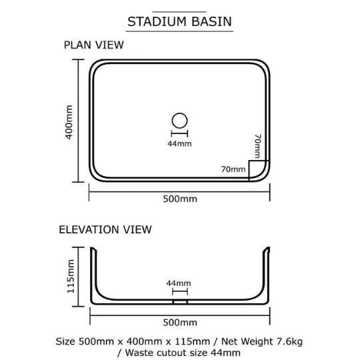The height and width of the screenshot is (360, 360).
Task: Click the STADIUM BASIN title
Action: coord(179,21)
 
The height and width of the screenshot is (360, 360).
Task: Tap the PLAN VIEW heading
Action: coord(94,45)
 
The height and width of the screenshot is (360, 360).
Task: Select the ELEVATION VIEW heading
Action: coord(105,229)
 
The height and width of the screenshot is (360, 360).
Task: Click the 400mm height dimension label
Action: coord(69,122)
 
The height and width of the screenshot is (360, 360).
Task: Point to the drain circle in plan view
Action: coord(179,113)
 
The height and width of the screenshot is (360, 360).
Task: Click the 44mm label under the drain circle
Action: coord(179,144)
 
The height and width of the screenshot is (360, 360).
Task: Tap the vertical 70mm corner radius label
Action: coord(258,146)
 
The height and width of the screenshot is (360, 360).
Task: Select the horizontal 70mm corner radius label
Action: coord(233,169)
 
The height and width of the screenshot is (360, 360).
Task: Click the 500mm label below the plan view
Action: coord(180,199)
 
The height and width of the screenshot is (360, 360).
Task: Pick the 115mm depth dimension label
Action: coord(71,276)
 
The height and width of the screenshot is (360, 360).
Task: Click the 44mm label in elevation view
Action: coord(179,283)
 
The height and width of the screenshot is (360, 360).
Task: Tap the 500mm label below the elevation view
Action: coord(180,323)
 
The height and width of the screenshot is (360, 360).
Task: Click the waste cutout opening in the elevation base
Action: coord(180,302)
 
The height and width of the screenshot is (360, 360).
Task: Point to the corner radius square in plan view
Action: coord(249,171)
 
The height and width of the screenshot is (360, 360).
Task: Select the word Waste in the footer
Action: coord(138,353)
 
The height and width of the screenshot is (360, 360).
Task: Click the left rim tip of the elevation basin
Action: coord(91,248)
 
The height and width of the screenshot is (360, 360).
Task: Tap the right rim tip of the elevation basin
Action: coord(268,248)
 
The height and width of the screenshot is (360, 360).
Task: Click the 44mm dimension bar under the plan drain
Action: coord(179,133)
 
